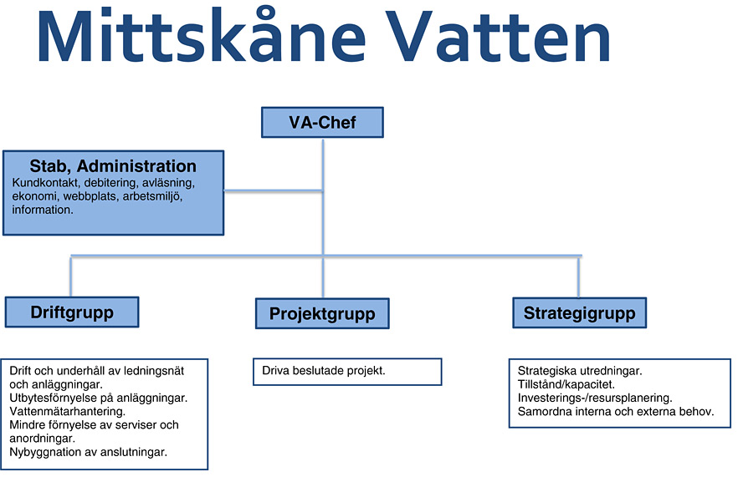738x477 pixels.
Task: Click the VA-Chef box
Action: click(x=322, y=122)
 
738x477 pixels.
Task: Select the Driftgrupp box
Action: click(x=72, y=312)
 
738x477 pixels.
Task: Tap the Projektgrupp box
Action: click(x=322, y=313)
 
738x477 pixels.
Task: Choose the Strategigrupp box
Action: click(x=579, y=312)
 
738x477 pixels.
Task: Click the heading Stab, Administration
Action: click(x=113, y=166)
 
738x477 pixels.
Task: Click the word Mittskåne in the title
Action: click(x=201, y=37)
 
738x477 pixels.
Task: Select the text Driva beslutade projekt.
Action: click(x=324, y=370)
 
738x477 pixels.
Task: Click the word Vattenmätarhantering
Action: click(x=67, y=412)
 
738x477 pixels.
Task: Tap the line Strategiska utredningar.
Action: click(x=580, y=371)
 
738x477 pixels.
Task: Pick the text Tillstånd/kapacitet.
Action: click(x=566, y=384)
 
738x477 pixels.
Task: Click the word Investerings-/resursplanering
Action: click(x=595, y=398)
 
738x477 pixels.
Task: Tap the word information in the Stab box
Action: click(x=43, y=210)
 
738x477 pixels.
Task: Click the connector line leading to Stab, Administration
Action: click(x=274, y=190)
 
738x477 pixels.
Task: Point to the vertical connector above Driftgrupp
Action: click(x=70, y=277)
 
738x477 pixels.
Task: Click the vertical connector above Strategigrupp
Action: click(x=578, y=277)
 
